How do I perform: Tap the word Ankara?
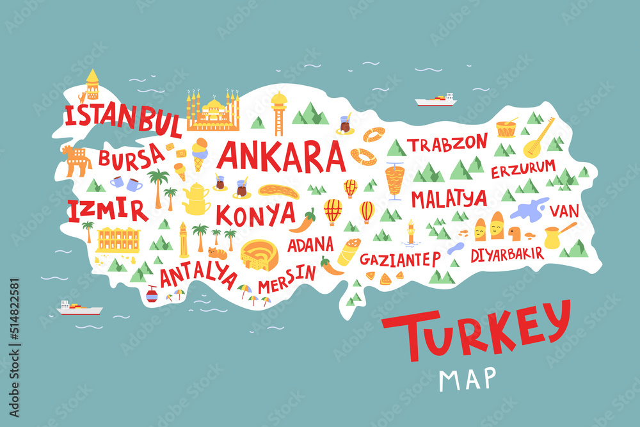[282, 156]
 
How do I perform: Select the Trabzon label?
[448, 144]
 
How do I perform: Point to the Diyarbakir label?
[507, 254]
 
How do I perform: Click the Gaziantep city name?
[400, 259]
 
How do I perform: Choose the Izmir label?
[107, 210]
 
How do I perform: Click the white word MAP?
[467, 378]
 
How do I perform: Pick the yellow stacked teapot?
[196, 198]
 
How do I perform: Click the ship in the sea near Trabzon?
[435, 100]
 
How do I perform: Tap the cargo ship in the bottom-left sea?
[79, 309]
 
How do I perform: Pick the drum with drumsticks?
[506, 127]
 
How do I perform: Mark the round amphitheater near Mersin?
[258, 255]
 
